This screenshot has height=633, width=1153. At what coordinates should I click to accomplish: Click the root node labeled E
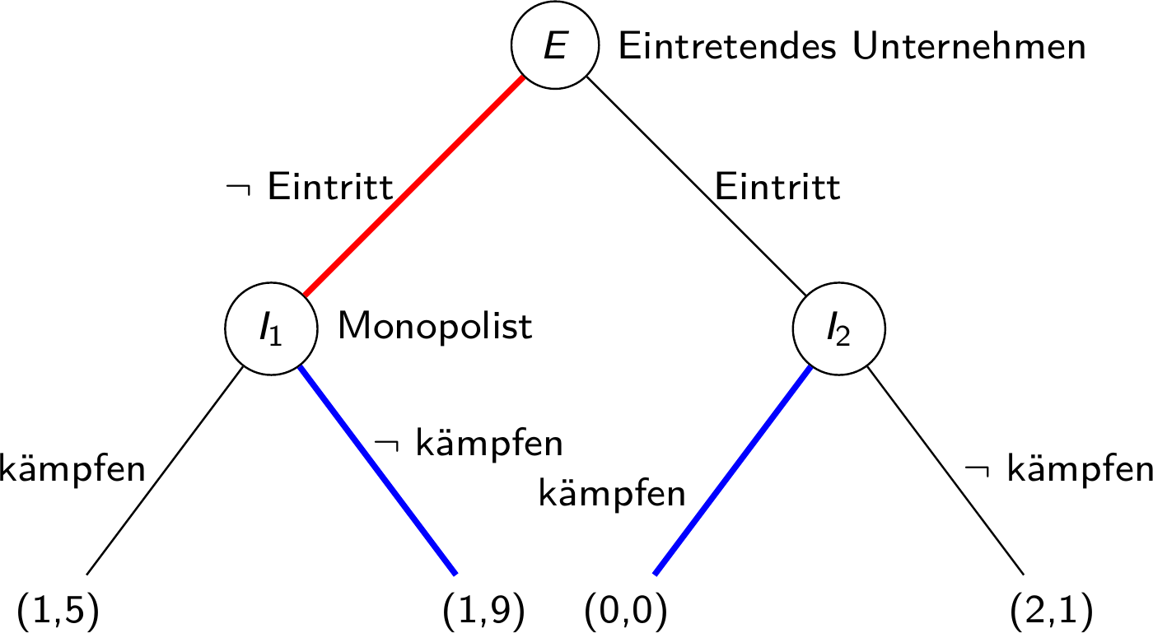[x=553, y=47]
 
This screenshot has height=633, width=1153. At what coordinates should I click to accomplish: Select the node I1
[x=271, y=328]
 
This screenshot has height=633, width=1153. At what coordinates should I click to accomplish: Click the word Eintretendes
[x=730, y=47]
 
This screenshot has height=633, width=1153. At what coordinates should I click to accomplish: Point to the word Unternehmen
[x=969, y=47]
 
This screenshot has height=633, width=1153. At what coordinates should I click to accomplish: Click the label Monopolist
[x=435, y=327]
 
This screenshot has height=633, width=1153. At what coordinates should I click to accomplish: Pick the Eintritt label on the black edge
[x=777, y=189]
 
